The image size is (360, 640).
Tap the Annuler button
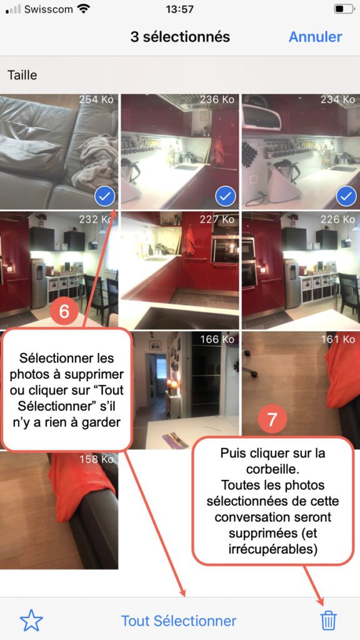tap(315, 37)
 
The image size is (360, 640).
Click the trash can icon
tap(329, 621)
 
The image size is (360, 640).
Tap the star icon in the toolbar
tap(31, 621)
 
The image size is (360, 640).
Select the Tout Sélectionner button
tap(179, 621)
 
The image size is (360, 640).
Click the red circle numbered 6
tap(64, 311)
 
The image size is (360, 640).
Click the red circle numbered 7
tap(272, 419)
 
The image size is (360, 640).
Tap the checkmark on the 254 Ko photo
tap(105, 197)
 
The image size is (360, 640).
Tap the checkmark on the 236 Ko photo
tap(225, 197)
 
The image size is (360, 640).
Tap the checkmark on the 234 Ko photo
tap(346, 197)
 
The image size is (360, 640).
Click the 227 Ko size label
tap(217, 219)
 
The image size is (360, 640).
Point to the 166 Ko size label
tap(217, 339)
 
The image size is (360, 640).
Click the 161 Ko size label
tap(338, 339)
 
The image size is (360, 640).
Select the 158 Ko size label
tap(96, 459)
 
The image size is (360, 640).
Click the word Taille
tap(22, 75)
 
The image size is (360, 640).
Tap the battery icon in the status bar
tap(344, 9)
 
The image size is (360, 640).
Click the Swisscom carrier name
tap(49, 9)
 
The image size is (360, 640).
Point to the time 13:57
tap(179, 9)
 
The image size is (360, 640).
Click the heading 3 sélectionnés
tap(180, 37)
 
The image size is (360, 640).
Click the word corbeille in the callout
tap(272, 469)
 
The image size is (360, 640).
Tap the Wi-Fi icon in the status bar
tap(84, 9)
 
